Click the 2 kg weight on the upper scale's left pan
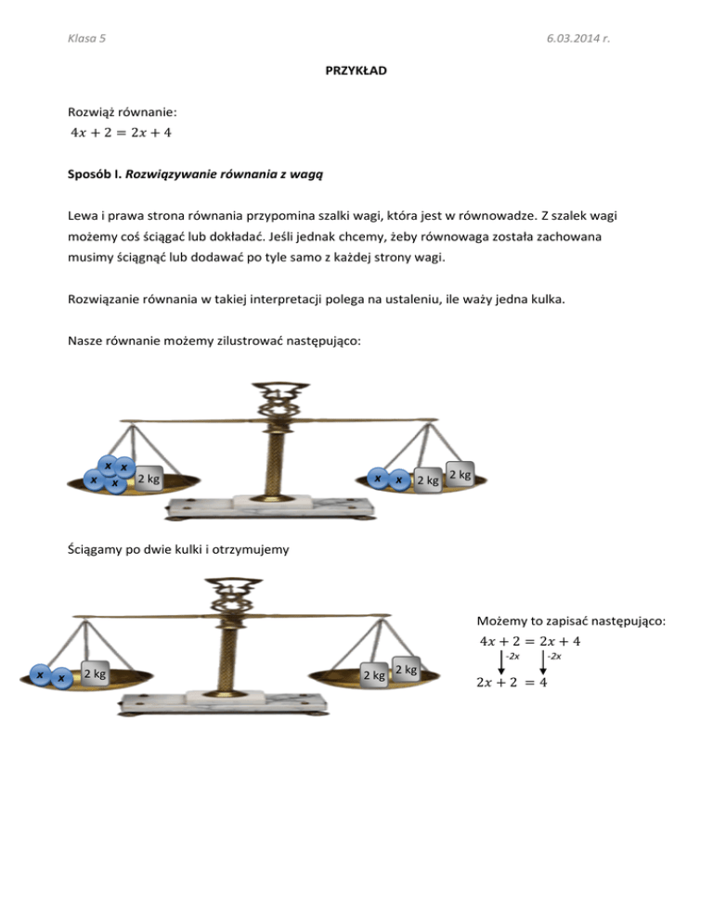point(148,480)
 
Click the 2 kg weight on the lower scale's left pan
point(95,673)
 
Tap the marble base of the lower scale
point(232,699)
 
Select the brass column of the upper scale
point(277,455)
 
